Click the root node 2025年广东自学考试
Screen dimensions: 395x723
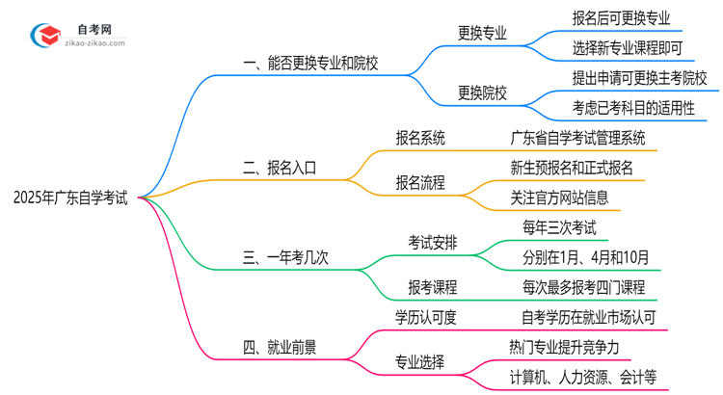tap(70, 198)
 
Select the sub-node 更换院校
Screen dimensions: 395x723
tap(482, 93)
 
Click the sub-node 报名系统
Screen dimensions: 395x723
tap(420, 138)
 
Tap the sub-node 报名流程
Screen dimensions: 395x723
tap(420, 182)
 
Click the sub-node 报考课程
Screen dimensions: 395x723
tap(433, 286)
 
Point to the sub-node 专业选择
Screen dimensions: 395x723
tap(420, 362)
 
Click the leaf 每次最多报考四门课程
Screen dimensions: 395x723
tap(577, 286)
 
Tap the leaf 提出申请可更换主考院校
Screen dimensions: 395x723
tap(639, 77)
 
